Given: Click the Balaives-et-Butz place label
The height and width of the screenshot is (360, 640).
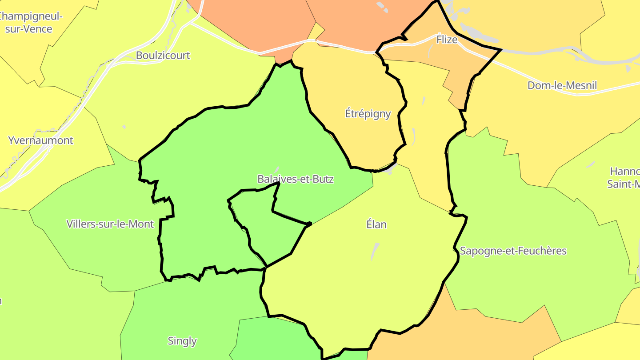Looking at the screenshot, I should (x=296, y=179).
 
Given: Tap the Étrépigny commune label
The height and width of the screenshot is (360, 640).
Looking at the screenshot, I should (x=368, y=113).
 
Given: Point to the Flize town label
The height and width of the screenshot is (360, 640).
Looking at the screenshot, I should (x=447, y=40).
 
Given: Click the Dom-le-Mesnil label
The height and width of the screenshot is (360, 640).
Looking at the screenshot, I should (x=562, y=85).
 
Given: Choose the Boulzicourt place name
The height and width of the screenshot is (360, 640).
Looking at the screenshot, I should (x=163, y=56).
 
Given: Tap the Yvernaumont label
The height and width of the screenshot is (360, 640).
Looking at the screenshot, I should (x=40, y=140).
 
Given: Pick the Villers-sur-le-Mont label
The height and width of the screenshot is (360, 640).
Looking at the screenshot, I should (x=110, y=224).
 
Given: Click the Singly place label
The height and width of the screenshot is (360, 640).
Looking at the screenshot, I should (x=182, y=341).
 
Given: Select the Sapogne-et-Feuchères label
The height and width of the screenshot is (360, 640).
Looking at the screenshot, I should (x=513, y=251).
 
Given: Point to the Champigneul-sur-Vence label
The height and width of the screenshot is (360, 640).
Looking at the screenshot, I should (x=30, y=23).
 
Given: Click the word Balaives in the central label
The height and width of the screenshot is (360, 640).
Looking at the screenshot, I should (x=275, y=179).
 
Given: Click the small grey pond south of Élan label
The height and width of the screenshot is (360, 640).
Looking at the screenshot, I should (x=375, y=251).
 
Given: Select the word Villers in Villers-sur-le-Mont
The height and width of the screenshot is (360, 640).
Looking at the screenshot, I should (x=80, y=224).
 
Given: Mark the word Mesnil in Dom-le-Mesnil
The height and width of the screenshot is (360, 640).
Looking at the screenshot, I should (x=582, y=85).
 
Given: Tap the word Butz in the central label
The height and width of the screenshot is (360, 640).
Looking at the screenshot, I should (x=324, y=179).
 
